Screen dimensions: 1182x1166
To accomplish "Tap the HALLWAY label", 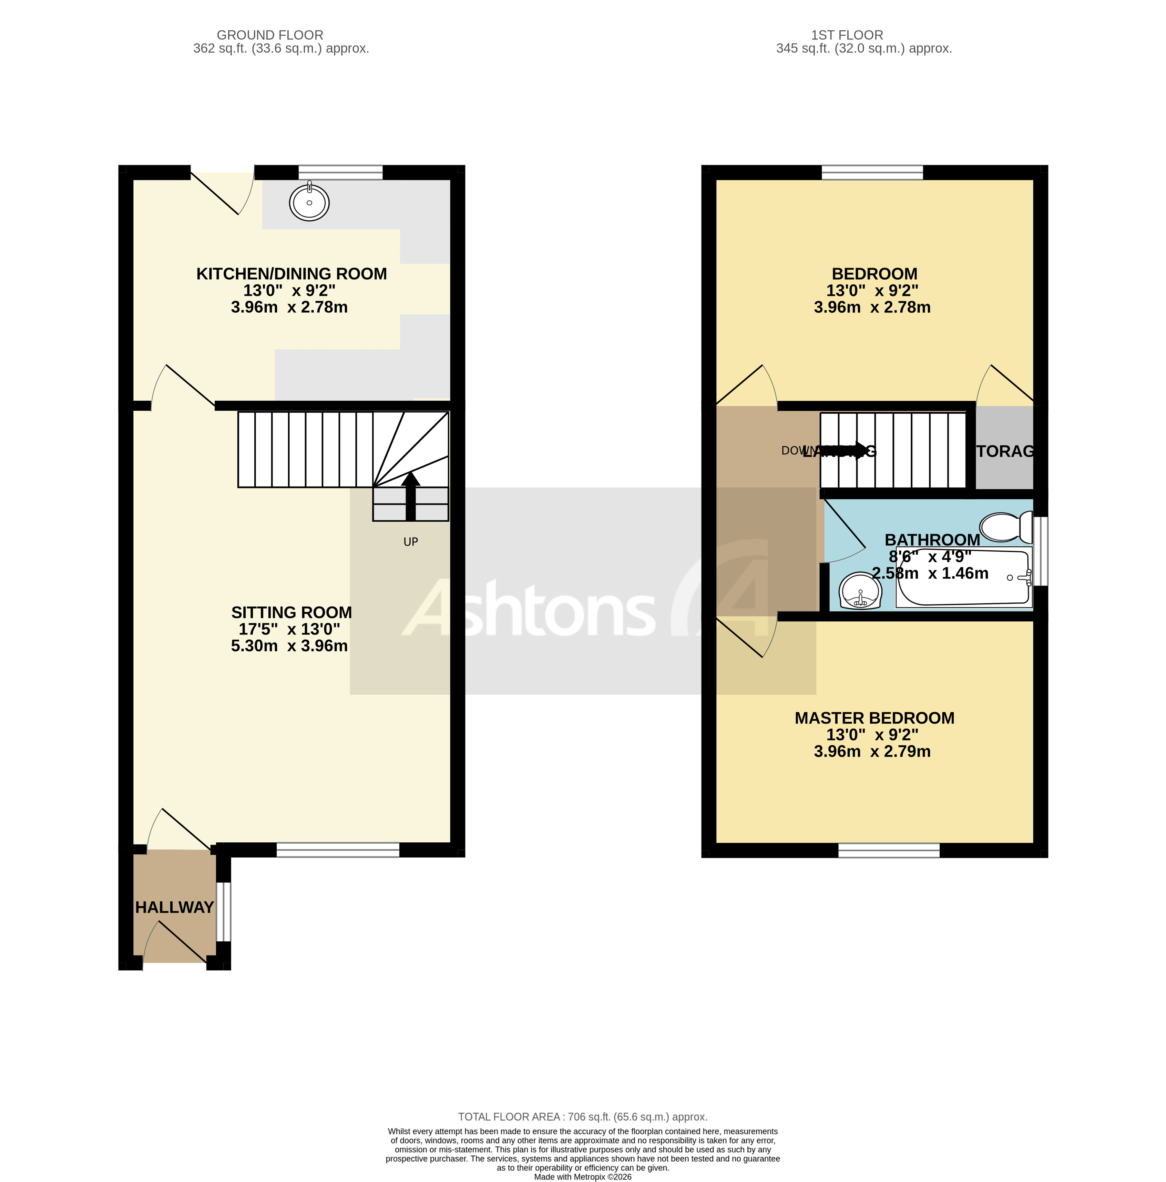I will [x=174, y=907].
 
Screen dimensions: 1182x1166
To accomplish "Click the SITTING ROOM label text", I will [x=291, y=612].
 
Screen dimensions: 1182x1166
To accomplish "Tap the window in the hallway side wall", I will [x=224, y=911].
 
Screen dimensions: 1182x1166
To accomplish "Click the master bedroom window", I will [x=888, y=850].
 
